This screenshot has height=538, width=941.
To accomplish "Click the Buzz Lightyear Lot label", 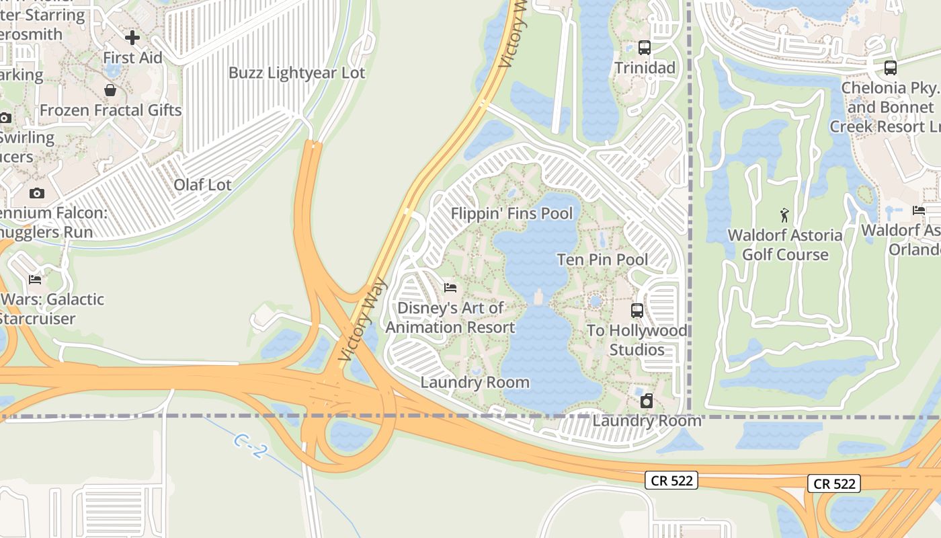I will coord(296,73).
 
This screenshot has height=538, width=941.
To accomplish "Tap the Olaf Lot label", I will coord(202,185).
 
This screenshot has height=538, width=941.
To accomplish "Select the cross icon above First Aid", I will coord(132,37).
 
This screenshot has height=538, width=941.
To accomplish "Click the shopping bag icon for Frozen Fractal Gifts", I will coord(110,90).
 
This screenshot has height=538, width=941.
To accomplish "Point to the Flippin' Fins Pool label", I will coord(512,214).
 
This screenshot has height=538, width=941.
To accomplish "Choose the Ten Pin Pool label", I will coord(602,260).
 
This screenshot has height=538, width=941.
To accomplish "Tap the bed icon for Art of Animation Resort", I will coord(450,288).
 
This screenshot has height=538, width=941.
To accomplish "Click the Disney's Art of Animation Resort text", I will coord(450,317).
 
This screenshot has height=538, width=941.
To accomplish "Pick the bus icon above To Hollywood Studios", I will coord(637,311).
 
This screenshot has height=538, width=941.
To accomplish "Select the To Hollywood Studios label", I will coord(637,340).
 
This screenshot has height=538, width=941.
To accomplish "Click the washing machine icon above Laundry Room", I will coord(646,401).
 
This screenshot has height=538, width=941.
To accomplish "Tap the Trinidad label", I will coord(645,68).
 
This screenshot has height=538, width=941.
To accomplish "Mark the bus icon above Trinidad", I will coord(644,48).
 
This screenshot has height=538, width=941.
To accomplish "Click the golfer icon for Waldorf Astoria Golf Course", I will coord(784,215).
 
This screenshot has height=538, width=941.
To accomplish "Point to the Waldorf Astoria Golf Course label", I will coord(785,245).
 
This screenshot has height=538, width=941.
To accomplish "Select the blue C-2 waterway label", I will coord(249,446).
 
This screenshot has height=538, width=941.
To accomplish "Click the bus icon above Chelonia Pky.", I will coord(890,68).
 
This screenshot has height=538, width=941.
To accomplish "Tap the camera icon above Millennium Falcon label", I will coord(37,194).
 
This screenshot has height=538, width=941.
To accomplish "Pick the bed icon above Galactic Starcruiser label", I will coord(35,280).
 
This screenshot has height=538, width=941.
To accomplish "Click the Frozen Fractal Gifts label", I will coord(111,110).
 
